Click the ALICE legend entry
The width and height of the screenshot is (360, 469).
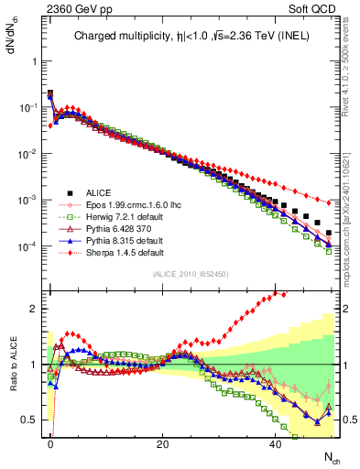(x=97, y=192)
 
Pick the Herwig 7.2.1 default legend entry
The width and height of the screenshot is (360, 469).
(x=120, y=219)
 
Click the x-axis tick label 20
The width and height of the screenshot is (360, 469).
(x=163, y=443)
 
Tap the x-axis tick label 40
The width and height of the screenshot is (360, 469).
(x=276, y=443)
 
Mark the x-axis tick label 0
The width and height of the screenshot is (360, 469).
(x=50, y=443)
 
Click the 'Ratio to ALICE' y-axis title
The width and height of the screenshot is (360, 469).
(x=12, y=365)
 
